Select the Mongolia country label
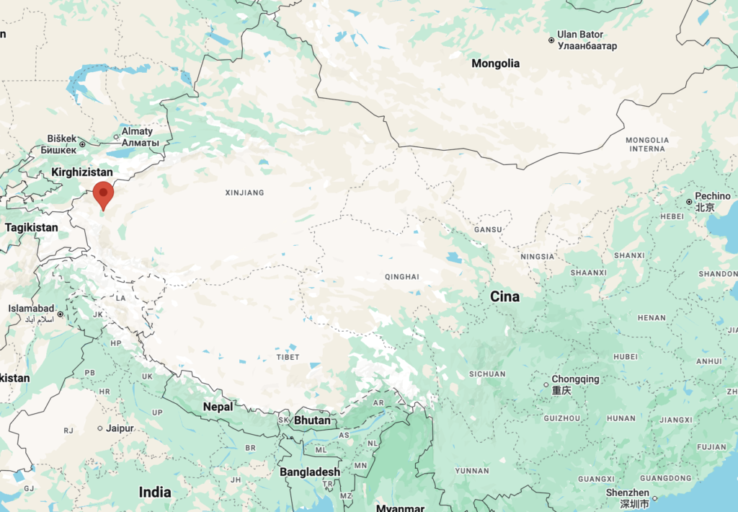pos(495,63)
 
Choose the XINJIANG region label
pos(244,193)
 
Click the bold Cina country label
pos(504,296)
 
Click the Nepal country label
pos(218,407)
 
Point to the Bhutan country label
pos(313,420)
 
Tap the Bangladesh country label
pos(310,472)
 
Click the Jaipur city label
pos(120,428)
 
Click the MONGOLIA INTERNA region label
pos(646,144)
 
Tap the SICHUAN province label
pos(488,374)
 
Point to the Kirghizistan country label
pos(82,172)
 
